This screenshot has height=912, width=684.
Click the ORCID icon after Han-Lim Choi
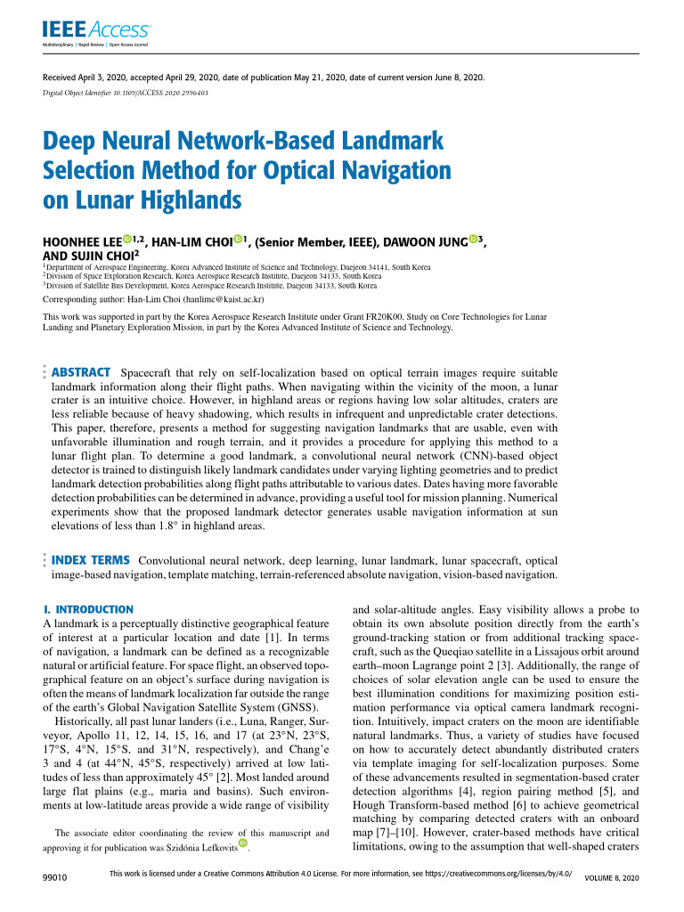coord(239,239)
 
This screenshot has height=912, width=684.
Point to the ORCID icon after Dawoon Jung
coord(474,239)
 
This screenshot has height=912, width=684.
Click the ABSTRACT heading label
coord(81,371)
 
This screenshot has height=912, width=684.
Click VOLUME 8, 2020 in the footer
coord(611,878)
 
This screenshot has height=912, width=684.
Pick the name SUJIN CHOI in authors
coord(101,256)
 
